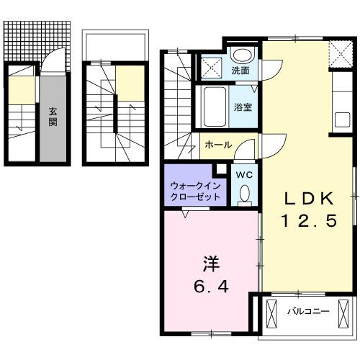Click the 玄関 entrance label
[x=53, y=117]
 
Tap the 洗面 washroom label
[x=240, y=71]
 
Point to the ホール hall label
[x=218, y=145]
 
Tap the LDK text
[x=308, y=198]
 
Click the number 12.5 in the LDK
[x=308, y=222]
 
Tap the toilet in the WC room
[x=243, y=193]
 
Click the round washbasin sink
[x=243, y=55]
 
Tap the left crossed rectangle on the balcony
[x=271, y=313]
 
